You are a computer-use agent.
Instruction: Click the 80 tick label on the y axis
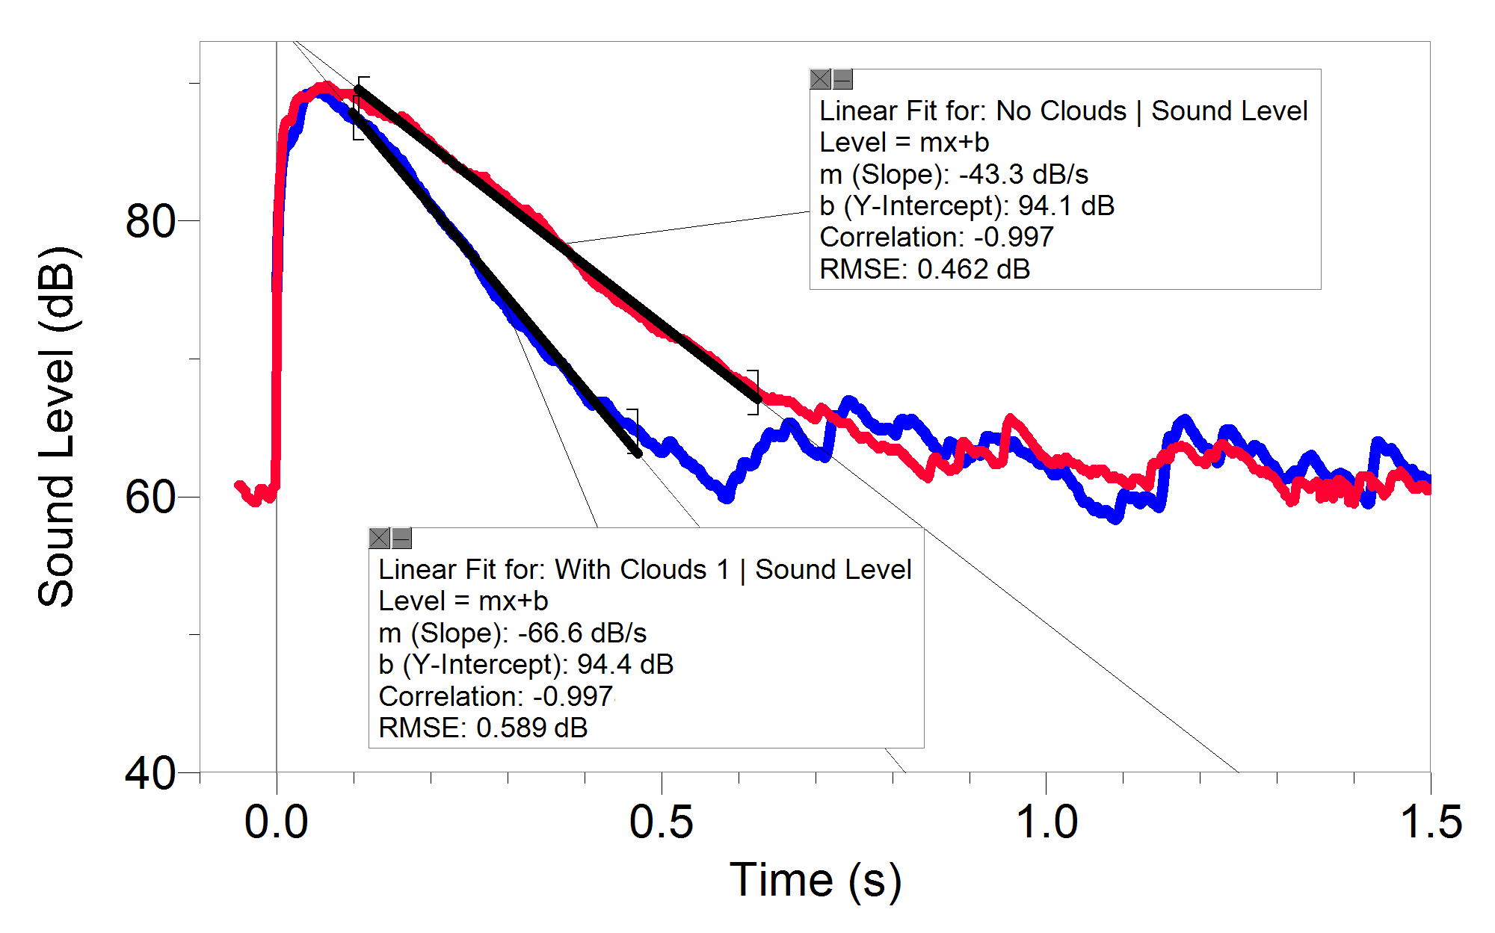[x=149, y=221]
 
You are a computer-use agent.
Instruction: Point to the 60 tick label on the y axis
[x=149, y=498]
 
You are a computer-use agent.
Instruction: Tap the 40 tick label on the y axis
[x=149, y=773]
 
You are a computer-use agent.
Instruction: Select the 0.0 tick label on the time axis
[x=277, y=822]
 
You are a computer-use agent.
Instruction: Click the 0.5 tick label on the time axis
[x=661, y=822]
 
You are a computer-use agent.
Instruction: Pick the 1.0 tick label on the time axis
[x=1046, y=822]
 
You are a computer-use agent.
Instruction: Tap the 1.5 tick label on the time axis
[x=1430, y=822]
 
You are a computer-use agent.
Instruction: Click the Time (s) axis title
[x=816, y=880]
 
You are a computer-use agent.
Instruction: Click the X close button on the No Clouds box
[x=821, y=79]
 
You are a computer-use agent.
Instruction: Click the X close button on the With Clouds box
[x=380, y=538]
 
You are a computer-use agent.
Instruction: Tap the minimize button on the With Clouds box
[x=402, y=538]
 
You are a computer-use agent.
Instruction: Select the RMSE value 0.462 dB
[x=973, y=269]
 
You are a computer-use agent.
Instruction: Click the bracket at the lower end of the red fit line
[x=755, y=392]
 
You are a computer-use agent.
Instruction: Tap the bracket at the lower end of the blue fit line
[x=634, y=432]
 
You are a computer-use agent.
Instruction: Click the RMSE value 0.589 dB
[x=531, y=728]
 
